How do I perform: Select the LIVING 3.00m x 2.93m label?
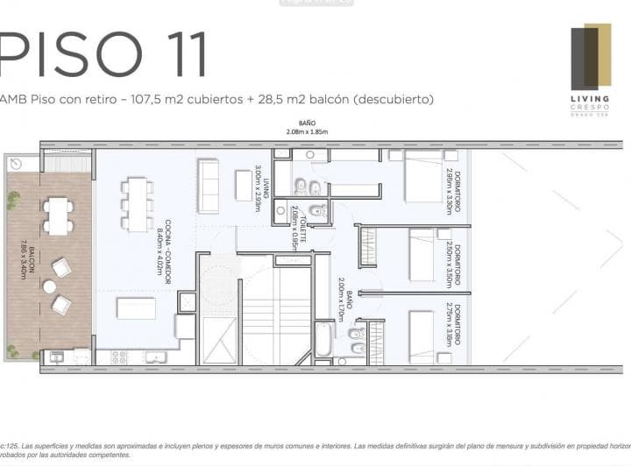coord(259,184)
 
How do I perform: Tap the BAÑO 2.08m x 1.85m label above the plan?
coord(306,127)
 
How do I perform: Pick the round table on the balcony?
coord(49,286)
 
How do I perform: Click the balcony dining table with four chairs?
coord(58,215)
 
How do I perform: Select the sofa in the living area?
coord(208,185)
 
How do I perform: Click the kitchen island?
coord(136,308)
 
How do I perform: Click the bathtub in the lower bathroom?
coord(323,341)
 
